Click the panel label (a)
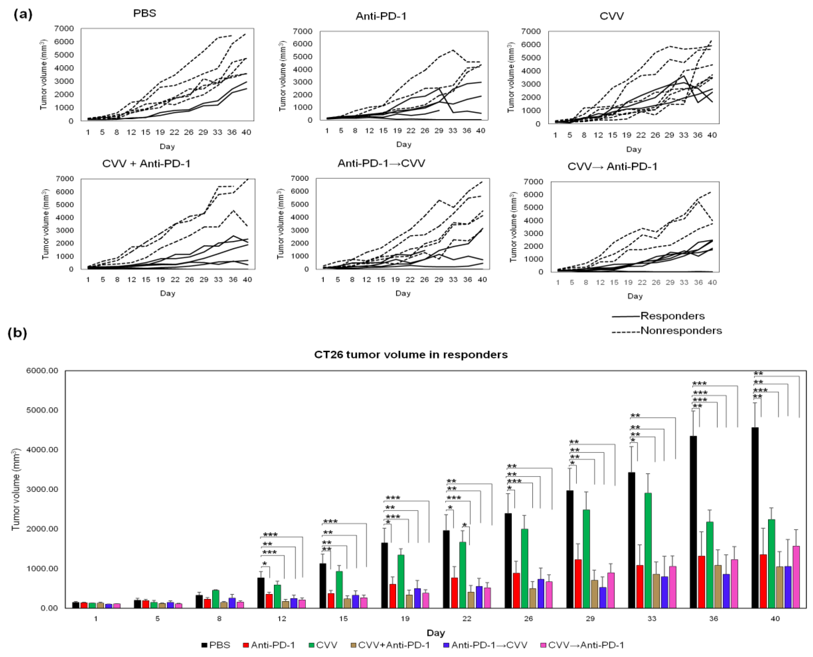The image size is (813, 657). tap(23, 14)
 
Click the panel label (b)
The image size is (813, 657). tap(18, 333)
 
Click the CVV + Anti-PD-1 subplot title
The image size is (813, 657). tap(146, 164)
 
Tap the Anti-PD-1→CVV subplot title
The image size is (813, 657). tap(381, 163)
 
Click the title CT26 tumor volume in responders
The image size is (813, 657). tap(410, 355)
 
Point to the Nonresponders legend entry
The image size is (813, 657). tap(681, 330)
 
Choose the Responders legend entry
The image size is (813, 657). tap(672, 316)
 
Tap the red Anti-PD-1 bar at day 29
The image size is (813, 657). tap(578, 583)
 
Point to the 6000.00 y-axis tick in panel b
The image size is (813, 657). tap(42, 370)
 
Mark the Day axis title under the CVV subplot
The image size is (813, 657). tap(633, 149)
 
